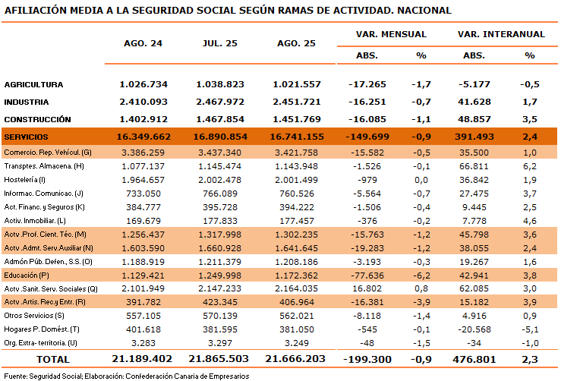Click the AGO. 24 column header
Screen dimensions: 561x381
coord(143,43)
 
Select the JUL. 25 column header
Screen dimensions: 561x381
coord(219,43)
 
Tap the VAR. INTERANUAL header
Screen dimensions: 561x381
coord(501,34)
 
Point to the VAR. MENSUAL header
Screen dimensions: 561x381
coord(391,34)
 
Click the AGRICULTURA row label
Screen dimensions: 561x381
coord(33,85)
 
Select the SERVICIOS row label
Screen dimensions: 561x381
coord(26,137)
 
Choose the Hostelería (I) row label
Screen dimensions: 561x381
coord(25,180)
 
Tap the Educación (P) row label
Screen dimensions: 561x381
coord(27,275)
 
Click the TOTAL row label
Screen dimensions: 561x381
coord(53,359)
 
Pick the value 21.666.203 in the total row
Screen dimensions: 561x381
coord(295,359)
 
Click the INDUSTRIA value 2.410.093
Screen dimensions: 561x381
coord(143,102)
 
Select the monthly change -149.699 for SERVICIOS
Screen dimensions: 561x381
coord(367,137)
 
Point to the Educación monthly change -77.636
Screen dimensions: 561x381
coord(367,276)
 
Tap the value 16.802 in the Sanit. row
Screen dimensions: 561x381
coord(367,288)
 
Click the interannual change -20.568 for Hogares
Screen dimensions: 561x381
coord(474,329)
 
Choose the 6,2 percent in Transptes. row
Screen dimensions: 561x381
coord(530,166)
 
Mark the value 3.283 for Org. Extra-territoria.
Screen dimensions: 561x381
coord(143,343)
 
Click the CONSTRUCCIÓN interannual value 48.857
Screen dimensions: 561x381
coord(474,119)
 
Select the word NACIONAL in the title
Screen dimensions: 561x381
coord(424,11)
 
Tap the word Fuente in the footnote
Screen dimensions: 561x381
coord(15,376)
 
